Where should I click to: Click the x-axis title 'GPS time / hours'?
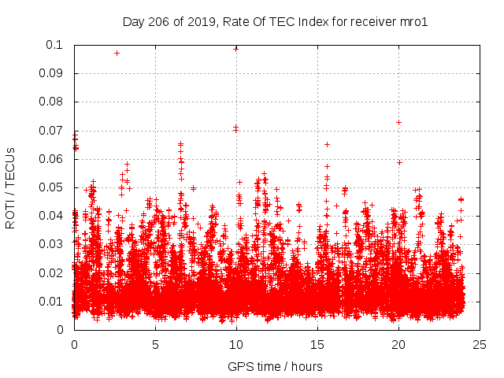pyautogui.click(x=275, y=366)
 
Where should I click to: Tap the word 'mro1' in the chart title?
pyautogui.click(x=413, y=21)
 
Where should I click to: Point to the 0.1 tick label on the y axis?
pyautogui.click(x=55, y=45)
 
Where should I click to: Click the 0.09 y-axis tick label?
pyautogui.click(x=52, y=73)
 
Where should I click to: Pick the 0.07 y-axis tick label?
pyautogui.click(x=52, y=130)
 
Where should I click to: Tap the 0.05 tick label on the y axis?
pyautogui.click(x=52, y=187)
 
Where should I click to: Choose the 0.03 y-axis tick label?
pyautogui.click(x=52, y=244)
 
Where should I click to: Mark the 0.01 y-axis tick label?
pyautogui.click(x=52, y=301)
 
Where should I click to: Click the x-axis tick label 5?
pyautogui.click(x=155, y=344)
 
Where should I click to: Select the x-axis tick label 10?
pyautogui.click(x=236, y=344)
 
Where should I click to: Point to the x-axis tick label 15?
pyautogui.click(x=317, y=344)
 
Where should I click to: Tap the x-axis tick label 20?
pyautogui.click(x=398, y=344)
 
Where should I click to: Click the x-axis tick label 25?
pyautogui.click(x=480, y=344)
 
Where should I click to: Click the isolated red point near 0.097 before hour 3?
pyautogui.click(x=117, y=53)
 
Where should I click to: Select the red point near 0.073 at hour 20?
pyautogui.click(x=398, y=122)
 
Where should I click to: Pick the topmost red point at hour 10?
pyautogui.click(x=235, y=48)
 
